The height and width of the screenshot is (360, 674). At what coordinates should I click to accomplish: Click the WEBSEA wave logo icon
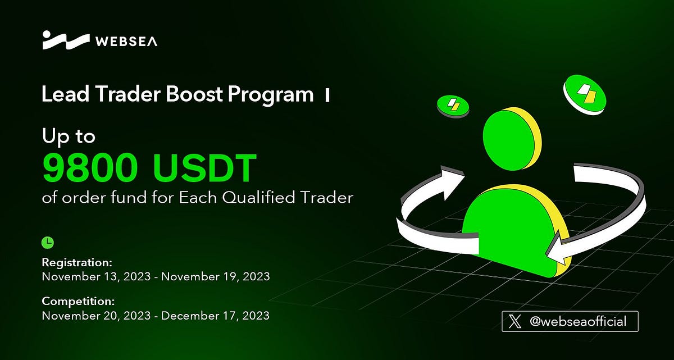pyautogui.click(x=65, y=40)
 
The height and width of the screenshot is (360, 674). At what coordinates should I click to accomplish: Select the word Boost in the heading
pyautogui.click(x=195, y=94)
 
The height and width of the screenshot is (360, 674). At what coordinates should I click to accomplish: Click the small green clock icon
pyautogui.click(x=48, y=242)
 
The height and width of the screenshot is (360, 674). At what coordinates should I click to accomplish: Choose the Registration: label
pyautogui.click(x=78, y=262)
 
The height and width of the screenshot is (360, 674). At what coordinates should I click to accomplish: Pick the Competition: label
pyautogui.click(x=78, y=301)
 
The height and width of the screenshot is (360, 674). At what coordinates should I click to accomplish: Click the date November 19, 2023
pyautogui.click(x=216, y=276)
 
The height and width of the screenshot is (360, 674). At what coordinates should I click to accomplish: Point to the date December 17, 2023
pyautogui.click(x=215, y=315)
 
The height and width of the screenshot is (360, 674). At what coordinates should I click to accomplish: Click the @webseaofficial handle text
pyautogui.click(x=577, y=322)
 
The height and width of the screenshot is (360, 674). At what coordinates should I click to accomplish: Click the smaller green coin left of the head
pyautogui.click(x=452, y=105)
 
